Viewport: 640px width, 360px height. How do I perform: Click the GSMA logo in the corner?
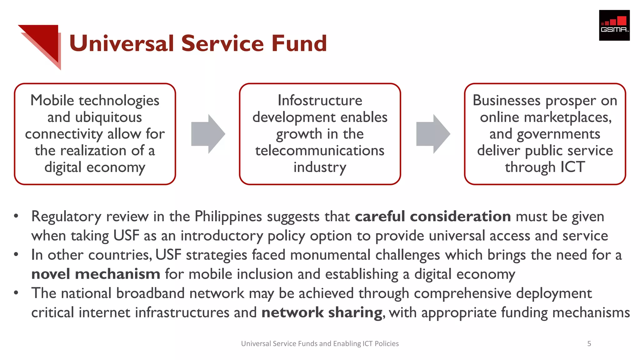coord(614,25)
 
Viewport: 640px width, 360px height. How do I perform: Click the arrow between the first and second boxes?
coord(208,134)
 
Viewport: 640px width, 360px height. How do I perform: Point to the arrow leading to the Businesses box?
coord(433,134)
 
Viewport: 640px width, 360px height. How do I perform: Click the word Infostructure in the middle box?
coord(320,100)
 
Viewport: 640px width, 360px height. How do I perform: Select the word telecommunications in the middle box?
coord(320,151)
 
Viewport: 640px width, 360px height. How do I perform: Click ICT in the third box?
coord(572,167)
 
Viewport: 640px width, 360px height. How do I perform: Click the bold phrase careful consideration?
coord(433,216)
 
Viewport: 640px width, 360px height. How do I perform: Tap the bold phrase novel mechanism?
coord(96,274)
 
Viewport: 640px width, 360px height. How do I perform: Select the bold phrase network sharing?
coord(322,312)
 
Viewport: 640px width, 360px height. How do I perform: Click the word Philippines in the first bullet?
coord(228,216)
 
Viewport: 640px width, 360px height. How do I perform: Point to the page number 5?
coord(589,344)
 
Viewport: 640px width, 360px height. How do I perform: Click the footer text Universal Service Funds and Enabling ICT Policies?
coord(320,344)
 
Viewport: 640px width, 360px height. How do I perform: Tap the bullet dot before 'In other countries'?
coord(16,254)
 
